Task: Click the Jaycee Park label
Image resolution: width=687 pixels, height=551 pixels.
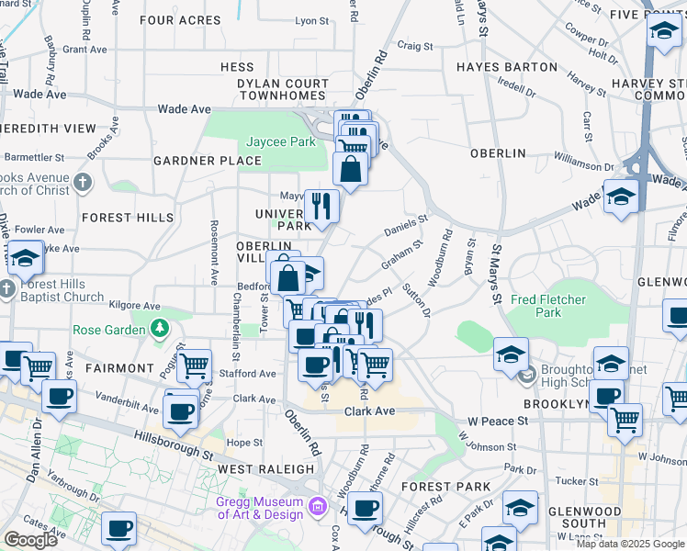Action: click(281, 141)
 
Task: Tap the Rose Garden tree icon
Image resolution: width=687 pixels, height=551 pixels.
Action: click(160, 327)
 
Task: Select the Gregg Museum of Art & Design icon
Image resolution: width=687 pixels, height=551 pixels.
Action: click(318, 506)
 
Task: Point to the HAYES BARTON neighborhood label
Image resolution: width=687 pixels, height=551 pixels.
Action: click(507, 67)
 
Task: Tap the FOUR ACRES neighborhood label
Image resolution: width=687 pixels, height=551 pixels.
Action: click(181, 19)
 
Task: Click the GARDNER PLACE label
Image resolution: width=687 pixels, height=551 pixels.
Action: click(208, 161)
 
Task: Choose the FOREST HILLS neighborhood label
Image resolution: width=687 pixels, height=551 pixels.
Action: click(127, 218)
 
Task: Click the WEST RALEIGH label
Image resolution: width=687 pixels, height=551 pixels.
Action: click(266, 469)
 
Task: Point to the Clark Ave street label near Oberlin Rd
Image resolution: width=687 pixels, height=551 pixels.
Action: click(369, 410)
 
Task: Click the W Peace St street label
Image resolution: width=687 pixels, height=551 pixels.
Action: click(498, 421)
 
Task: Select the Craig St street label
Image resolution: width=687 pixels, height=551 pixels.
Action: click(414, 45)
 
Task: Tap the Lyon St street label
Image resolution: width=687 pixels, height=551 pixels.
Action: click(311, 20)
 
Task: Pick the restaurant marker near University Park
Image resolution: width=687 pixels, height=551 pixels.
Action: click(321, 205)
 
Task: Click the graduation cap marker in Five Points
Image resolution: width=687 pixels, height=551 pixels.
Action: click(664, 32)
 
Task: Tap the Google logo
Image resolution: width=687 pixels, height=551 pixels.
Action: click(31, 540)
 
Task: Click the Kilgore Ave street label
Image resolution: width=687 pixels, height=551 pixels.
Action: click(133, 306)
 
